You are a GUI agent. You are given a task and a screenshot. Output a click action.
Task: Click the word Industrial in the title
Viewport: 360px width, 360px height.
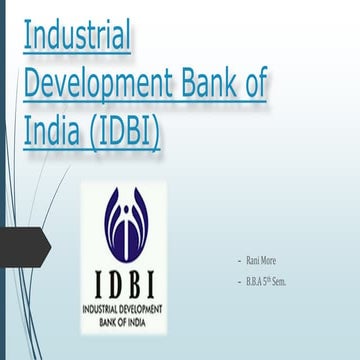(x=77, y=38)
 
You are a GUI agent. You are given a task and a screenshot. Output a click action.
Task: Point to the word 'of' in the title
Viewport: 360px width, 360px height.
(x=257, y=84)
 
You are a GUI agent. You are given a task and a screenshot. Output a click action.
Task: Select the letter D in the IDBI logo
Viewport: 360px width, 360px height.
(x=111, y=286)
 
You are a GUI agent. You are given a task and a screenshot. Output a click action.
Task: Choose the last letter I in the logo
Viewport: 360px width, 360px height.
(x=163, y=286)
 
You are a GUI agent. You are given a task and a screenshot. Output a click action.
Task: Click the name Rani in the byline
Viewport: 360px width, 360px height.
(x=253, y=260)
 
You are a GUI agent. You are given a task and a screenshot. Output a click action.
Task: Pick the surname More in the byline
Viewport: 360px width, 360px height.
(x=268, y=260)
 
